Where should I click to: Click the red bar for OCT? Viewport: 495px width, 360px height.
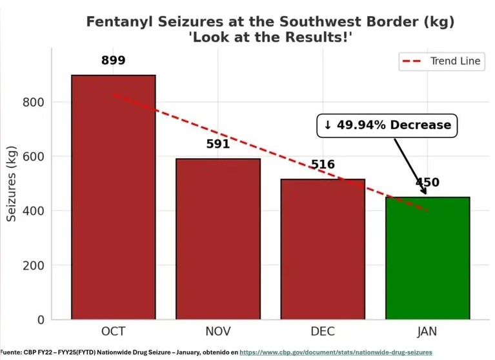[113, 197]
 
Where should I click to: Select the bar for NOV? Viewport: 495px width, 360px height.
[218, 239]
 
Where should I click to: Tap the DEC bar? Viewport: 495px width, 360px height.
[323, 249]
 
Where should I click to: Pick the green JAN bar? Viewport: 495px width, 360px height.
[427, 258]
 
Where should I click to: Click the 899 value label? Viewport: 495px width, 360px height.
[113, 61]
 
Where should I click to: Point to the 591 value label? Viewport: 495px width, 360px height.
[218, 144]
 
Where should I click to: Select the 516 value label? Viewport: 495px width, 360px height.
[323, 165]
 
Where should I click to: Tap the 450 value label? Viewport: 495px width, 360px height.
[427, 183]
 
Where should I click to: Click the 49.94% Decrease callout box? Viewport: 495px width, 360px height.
[387, 125]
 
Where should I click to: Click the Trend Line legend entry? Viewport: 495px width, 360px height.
[441, 61]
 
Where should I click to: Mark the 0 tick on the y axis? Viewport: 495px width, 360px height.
[40, 319]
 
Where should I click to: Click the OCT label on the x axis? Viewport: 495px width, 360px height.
[113, 332]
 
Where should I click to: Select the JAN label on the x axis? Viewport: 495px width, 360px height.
[427, 332]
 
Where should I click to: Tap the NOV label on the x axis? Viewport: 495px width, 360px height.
[218, 332]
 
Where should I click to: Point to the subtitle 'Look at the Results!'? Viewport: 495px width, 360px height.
[270, 38]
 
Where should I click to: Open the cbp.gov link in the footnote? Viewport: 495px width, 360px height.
[336, 352]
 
